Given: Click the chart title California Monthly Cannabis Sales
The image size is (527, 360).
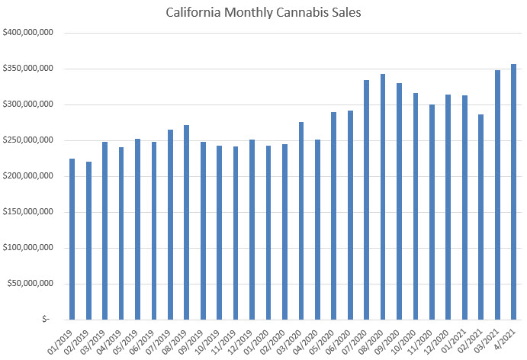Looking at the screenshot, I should tap(263, 13).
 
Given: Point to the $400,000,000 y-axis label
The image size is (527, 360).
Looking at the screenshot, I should tap(27, 34).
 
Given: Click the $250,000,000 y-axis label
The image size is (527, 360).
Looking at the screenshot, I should tap(27, 140).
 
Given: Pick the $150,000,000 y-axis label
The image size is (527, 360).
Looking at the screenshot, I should tap(27, 212).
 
